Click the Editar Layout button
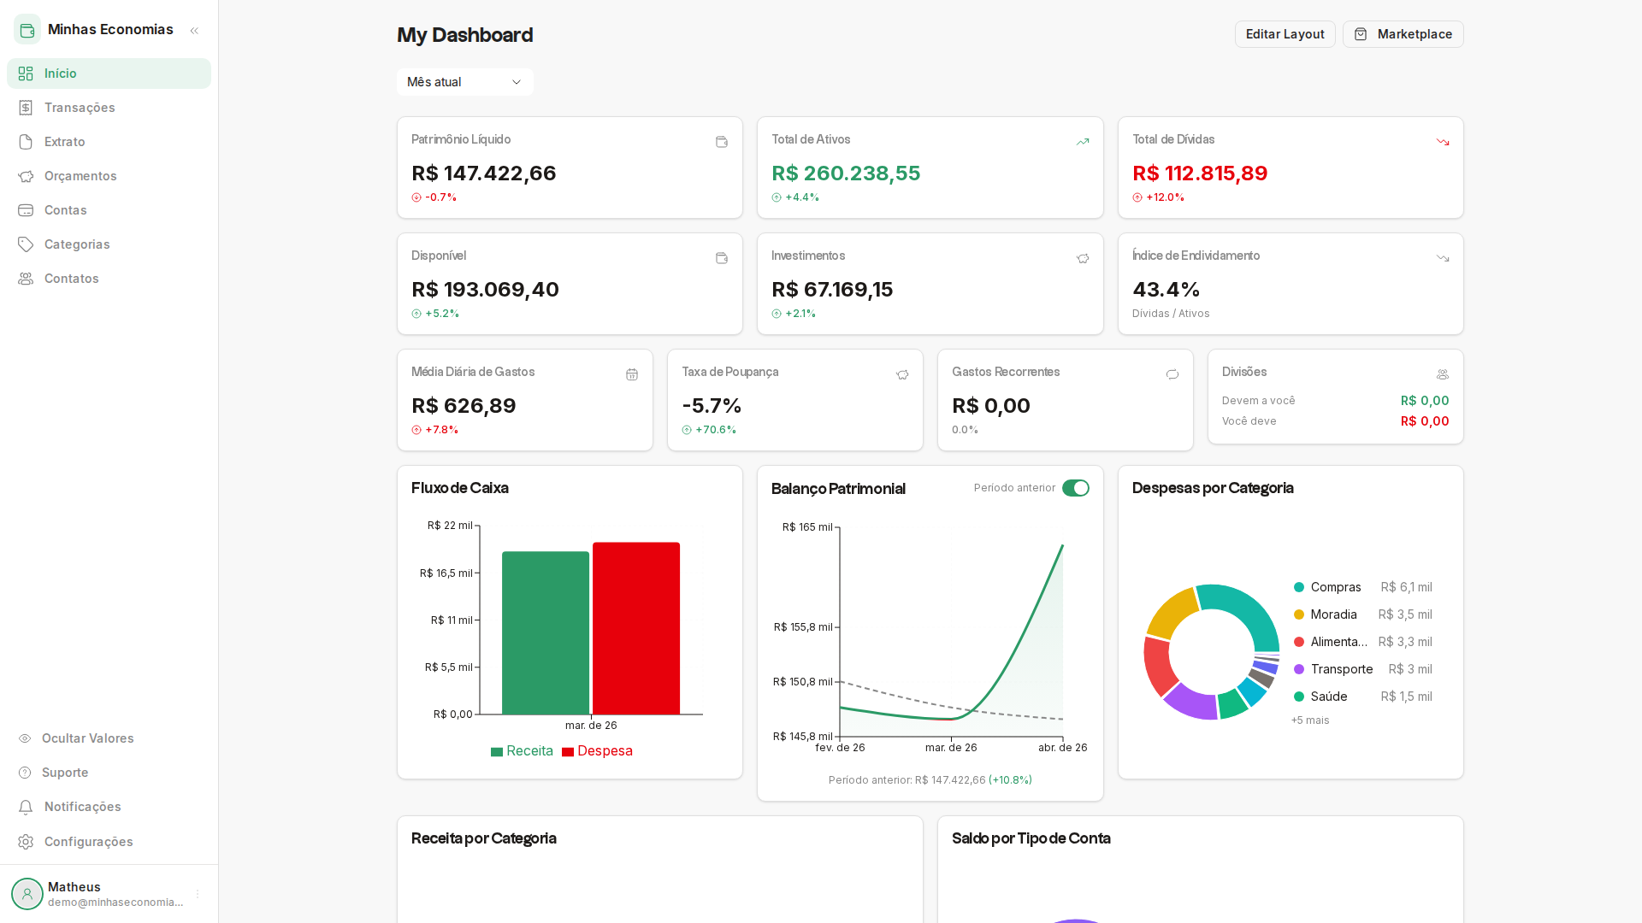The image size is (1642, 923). point(1285,34)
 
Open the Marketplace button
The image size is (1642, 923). point(1403,34)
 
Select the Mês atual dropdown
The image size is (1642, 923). point(464,82)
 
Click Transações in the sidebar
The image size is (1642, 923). point(80,108)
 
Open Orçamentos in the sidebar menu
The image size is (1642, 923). point(80,176)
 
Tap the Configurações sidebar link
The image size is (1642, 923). point(88,842)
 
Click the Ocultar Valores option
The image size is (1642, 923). point(87,738)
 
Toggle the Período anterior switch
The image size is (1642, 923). point(1075,488)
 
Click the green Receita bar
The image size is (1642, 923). point(545,632)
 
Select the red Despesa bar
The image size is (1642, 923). point(636,628)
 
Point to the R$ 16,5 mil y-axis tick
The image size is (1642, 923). point(446,573)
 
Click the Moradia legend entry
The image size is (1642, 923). point(1333,614)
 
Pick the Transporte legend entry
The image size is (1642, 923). point(1341,669)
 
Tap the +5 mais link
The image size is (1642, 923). point(1310,720)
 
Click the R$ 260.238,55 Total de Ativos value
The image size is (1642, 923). point(846,173)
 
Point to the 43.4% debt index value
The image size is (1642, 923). point(1166,290)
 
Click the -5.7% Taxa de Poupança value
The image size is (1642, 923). point(712,406)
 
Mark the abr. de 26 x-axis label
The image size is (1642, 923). point(1062,748)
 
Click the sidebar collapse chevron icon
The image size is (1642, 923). point(194,31)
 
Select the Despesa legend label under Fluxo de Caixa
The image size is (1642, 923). point(605,751)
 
